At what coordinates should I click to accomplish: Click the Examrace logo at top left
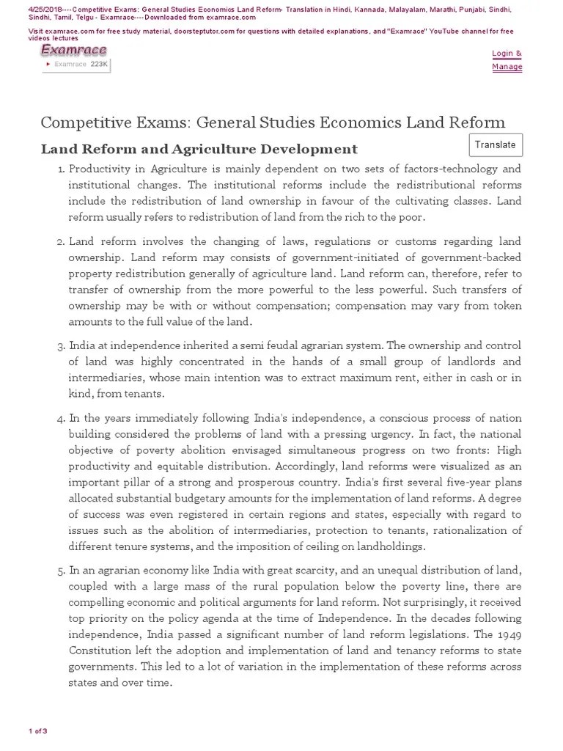[x=73, y=50]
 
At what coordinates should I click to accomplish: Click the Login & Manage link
[x=507, y=59]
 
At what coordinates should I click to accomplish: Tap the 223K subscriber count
[x=99, y=65]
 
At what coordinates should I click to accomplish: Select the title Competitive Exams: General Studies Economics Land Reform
[x=273, y=122]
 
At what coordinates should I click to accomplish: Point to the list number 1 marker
[x=61, y=169]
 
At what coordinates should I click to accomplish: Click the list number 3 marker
[x=61, y=345]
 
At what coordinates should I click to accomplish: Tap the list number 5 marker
[x=61, y=571]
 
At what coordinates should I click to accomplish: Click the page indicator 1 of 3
[x=38, y=731]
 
